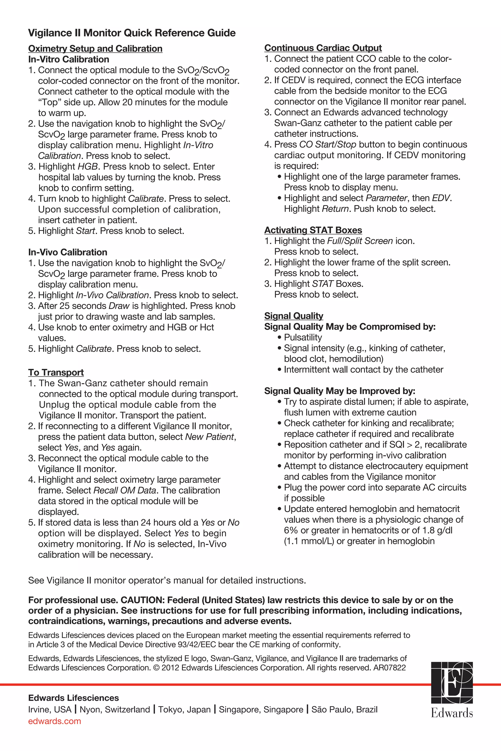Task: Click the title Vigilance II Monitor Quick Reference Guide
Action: (132, 33)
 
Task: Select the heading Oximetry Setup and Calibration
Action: (95, 49)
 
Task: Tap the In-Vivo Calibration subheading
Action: (68, 252)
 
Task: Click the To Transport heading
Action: (56, 372)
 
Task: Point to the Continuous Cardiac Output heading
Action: (323, 48)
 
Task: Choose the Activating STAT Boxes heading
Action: (313, 230)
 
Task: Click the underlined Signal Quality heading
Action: (293, 316)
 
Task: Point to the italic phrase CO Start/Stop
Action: (328, 145)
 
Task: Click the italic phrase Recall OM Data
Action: (125, 490)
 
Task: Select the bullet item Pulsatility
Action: (303, 338)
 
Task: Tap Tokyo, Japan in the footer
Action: (184, 709)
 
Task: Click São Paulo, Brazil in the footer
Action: (344, 709)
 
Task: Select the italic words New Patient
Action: (209, 437)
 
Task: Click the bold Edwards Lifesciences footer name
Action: (73, 698)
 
